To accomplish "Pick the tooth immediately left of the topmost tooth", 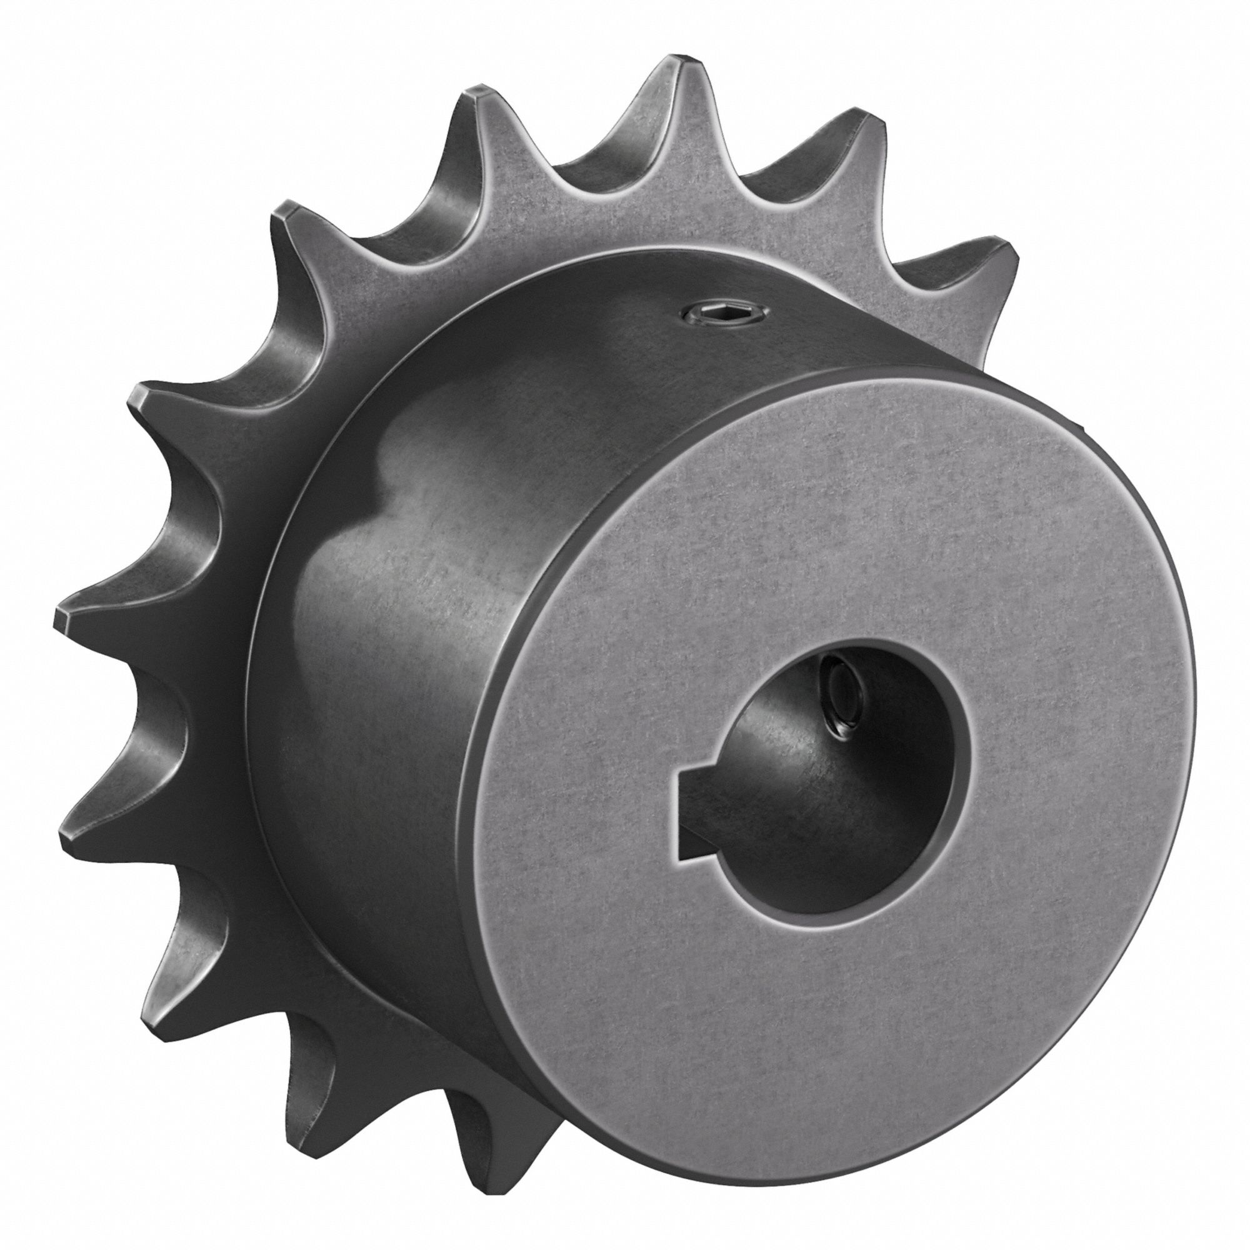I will tap(479, 107).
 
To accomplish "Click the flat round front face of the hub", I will tap(809, 582).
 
